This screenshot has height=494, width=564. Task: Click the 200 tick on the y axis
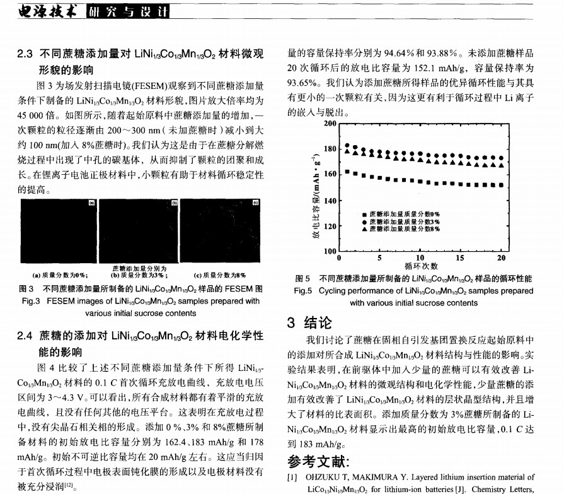click(330, 124)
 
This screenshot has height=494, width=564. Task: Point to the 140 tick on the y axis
click(330, 201)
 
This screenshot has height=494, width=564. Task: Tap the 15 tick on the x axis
click(461, 257)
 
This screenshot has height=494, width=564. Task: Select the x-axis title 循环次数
click(421, 266)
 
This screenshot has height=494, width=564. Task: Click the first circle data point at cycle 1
click(347, 146)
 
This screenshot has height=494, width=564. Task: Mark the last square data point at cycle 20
click(502, 185)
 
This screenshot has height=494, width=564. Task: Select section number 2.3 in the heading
click(25, 54)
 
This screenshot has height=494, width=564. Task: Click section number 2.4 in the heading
click(25, 336)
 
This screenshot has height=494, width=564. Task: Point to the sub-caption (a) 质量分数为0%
click(60, 274)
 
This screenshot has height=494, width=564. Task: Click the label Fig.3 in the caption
click(31, 301)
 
